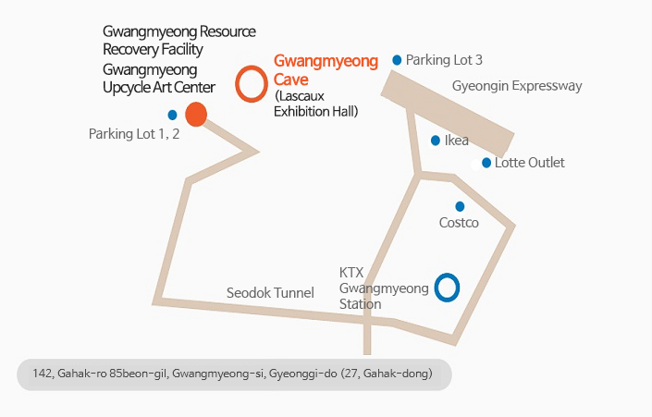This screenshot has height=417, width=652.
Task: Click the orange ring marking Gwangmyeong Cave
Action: (252, 84)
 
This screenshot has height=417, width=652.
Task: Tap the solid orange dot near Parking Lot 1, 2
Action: (195, 115)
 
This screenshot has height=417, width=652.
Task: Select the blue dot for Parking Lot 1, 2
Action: (172, 115)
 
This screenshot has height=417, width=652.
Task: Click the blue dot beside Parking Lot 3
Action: (398, 60)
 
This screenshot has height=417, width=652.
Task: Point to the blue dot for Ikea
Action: (436, 141)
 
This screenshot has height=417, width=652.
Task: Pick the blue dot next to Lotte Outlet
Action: (486, 163)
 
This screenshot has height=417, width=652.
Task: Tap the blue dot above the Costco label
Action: (460, 206)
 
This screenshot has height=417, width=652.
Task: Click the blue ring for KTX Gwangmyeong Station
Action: (447, 288)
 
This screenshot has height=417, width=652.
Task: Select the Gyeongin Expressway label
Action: (517, 86)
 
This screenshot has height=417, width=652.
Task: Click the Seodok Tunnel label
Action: (270, 292)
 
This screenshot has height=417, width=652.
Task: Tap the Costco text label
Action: (459, 223)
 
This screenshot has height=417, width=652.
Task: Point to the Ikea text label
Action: (457, 141)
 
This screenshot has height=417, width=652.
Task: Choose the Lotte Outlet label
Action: (529, 163)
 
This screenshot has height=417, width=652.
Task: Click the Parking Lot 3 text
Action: (444, 60)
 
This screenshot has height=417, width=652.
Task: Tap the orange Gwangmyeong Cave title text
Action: (326, 70)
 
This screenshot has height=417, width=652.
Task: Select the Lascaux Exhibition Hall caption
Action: (316, 104)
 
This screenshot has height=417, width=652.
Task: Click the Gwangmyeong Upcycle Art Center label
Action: (158, 79)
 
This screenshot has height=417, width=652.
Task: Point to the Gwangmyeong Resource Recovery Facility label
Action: (178, 40)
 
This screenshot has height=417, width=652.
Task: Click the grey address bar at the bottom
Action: (234, 374)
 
